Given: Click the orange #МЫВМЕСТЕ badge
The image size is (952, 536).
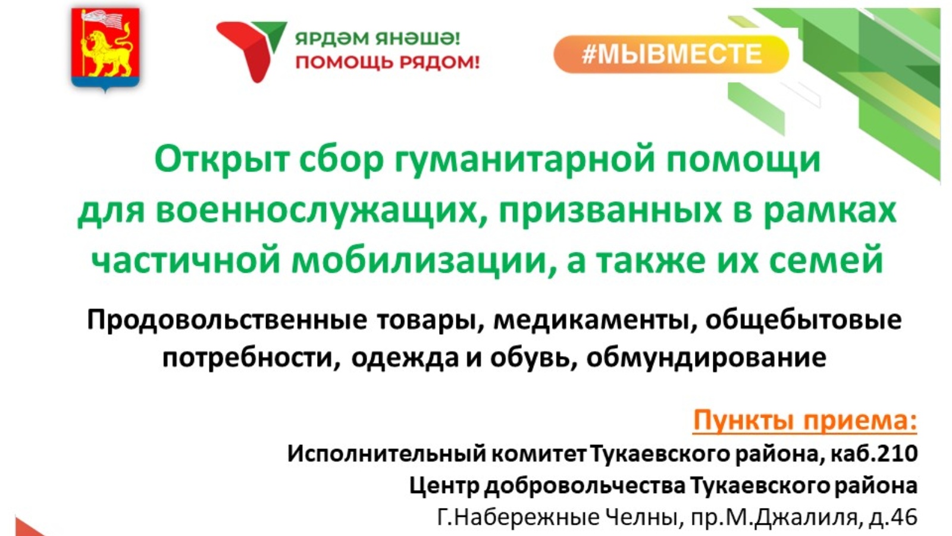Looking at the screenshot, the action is click(671, 54).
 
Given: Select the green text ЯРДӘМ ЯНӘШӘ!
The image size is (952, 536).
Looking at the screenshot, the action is click(378, 39).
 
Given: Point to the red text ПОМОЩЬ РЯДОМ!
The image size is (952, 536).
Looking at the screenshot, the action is click(387, 63).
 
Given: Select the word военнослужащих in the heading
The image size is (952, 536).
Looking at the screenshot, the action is click(316, 211).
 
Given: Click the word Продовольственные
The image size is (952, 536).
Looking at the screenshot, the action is click(227, 320).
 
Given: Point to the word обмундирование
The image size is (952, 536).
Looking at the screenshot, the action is click(706, 358).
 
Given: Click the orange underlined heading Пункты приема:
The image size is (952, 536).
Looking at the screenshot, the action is click(804, 422).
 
